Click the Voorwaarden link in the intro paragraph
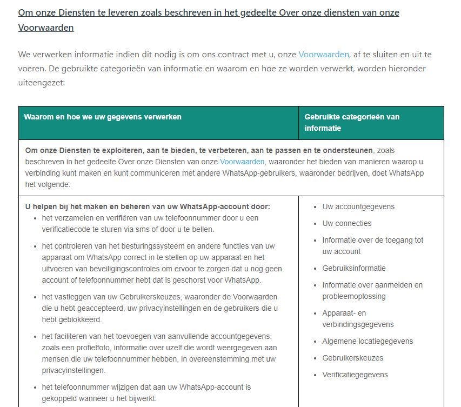pyautogui.click(x=324, y=55)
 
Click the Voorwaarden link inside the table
pyautogui.click(x=242, y=162)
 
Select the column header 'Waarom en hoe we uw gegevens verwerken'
pyautogui.click(x=103, y=117)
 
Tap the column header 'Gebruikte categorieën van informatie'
pyautogui.click(x=352, y=123)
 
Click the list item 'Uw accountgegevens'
pyautogui.click(x=358, y=206)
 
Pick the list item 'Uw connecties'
pyautogui.click(x=346, y=223)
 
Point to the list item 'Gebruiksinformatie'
pyautogui.click(x=354, y=268)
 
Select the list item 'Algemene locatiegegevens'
pyautogui.click(x=368, y=341)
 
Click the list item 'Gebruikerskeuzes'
pyautogui.click(x=352, y=358)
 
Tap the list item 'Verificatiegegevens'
pyautogui.click(x=355, y=375)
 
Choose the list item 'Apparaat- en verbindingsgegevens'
pyautogui.click(x=358, y=319)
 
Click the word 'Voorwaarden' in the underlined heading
pyautogui.click(x=46, y=28)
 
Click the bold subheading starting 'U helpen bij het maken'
pyautogui.click(x=148, y=206)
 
